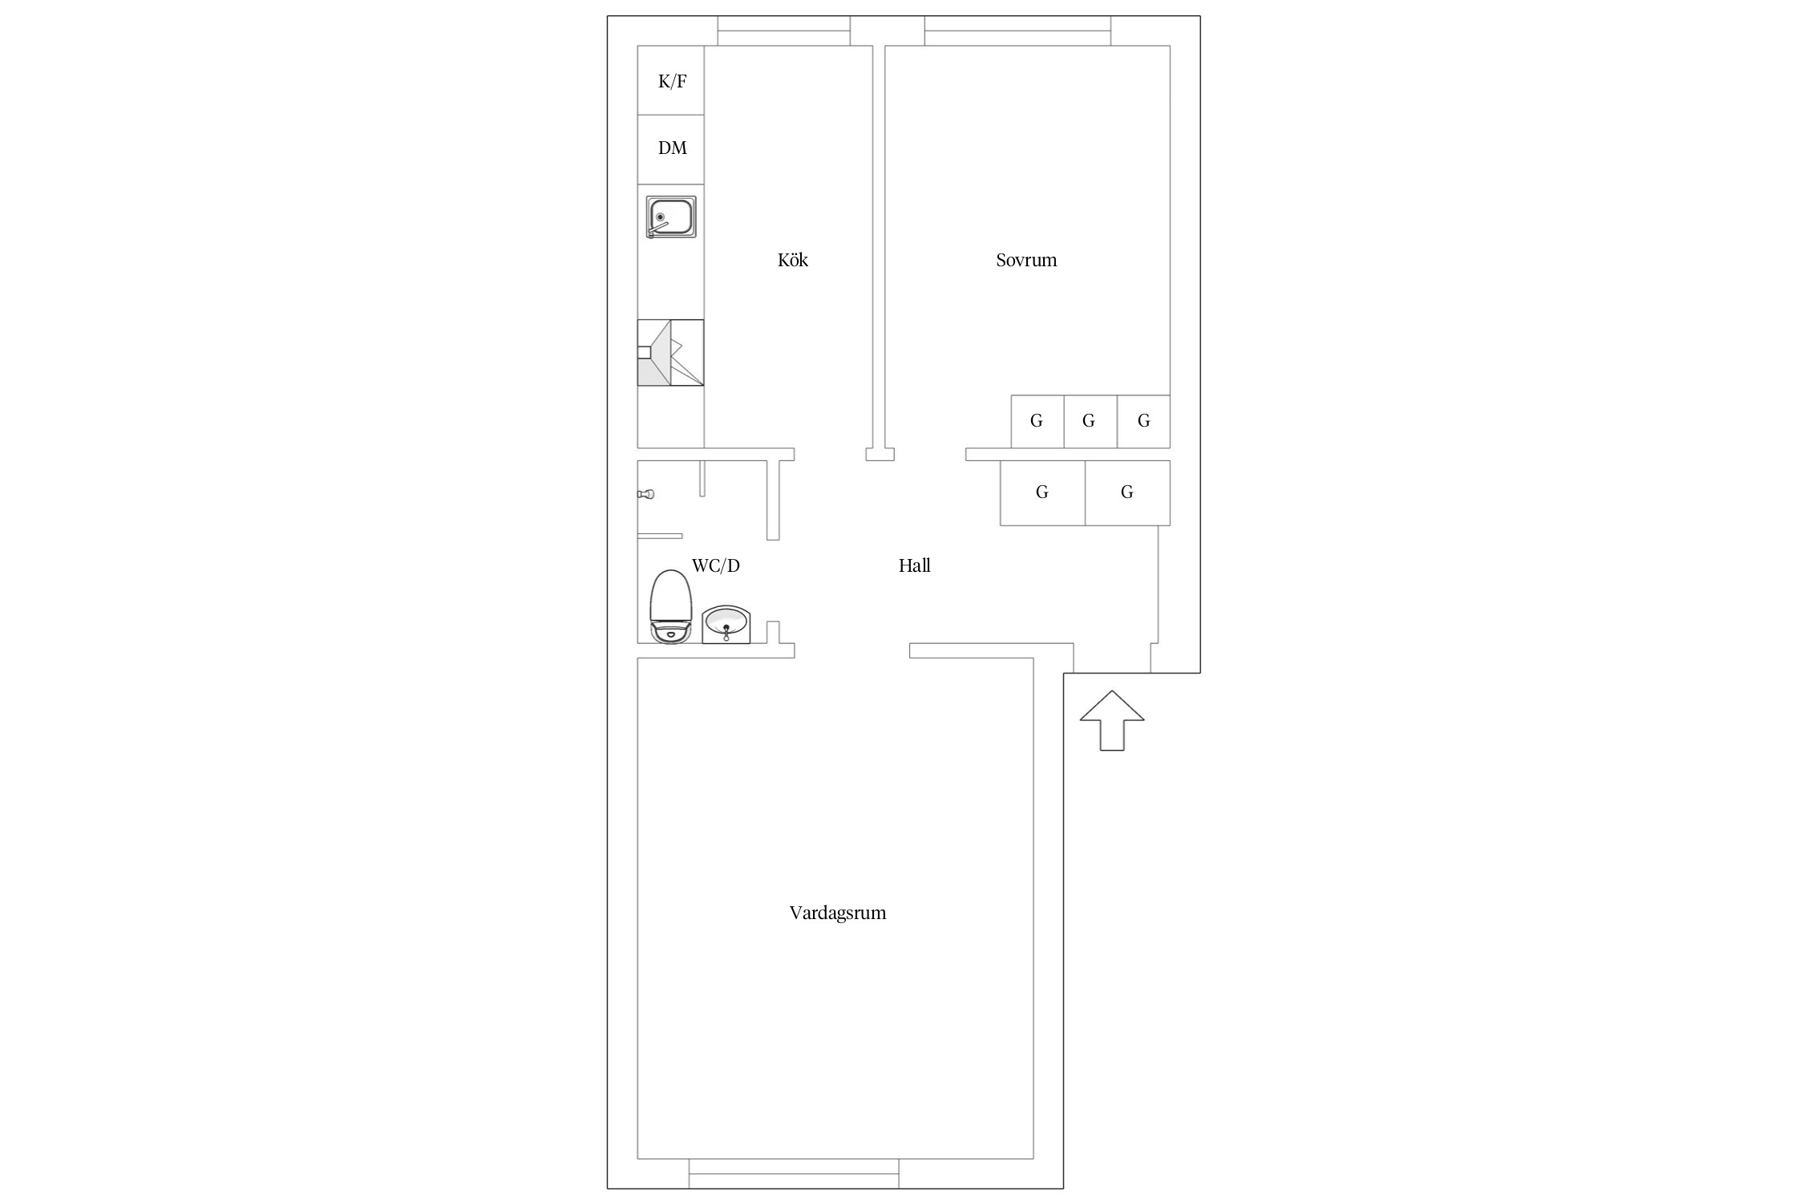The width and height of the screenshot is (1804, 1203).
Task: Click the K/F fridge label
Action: click(x=672, y=81)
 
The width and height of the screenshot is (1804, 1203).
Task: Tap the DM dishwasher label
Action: click(x=672, y=148)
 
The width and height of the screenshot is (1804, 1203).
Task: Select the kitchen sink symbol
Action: click(x=671, y=217)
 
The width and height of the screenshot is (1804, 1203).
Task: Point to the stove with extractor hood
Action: click(x=670, y=353)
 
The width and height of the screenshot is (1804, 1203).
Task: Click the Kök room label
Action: click(x=793, y=260)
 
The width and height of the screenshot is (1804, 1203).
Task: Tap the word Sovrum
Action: click(x=1026, y=260)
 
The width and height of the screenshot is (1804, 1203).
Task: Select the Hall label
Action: click(x=914, y=565)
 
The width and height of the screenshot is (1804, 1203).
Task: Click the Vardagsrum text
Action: click(x=838, y=913)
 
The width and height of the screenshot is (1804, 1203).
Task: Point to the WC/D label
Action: click(x=715, y=565)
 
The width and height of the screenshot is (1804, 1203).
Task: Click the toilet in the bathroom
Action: click(x=670, y=606)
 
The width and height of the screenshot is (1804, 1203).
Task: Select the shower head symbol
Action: click(x=646, y=494)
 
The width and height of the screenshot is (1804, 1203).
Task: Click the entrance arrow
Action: click(x=1112, y=720)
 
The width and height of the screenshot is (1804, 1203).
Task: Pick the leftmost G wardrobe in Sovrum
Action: click(x=1037, y=421)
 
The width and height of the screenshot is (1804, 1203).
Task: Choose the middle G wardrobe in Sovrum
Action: click(x=1090, y=421)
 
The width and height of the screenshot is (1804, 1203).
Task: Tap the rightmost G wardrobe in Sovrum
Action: click(x=1143, y=421)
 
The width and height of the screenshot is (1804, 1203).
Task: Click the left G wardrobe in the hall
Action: click(x=1042, y=492)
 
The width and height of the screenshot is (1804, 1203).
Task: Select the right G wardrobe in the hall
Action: click(x=1127, y=492)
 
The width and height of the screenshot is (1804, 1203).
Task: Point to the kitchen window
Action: click(x=783, y=30)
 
